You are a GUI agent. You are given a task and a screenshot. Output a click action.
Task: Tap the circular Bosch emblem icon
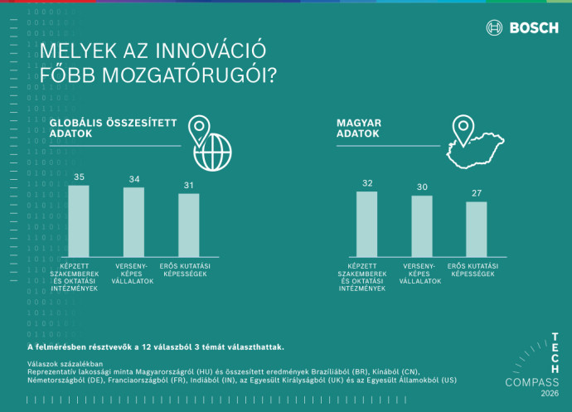(x=495, y=27)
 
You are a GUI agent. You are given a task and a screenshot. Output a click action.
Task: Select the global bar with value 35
(x=79, y=221)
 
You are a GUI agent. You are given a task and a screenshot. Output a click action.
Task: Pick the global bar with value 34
(x=133, y=222)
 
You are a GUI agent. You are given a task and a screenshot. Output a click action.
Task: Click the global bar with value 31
(x=189, y=225)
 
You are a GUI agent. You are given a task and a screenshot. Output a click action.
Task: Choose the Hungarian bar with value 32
(x=366, y=224)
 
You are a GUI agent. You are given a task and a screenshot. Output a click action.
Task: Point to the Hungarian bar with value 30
(x=422, y=225)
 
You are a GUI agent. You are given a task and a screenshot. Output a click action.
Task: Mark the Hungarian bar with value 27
(x=477, y=229)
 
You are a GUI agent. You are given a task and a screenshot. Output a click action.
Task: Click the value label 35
(x=79, y=177)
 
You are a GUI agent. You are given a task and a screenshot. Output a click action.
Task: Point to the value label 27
(x=477, y=193)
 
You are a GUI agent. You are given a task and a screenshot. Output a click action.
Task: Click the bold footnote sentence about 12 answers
(x=156, y=346)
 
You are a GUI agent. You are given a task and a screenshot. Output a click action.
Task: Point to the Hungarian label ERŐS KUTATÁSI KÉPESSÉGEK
(x=477, y=269)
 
